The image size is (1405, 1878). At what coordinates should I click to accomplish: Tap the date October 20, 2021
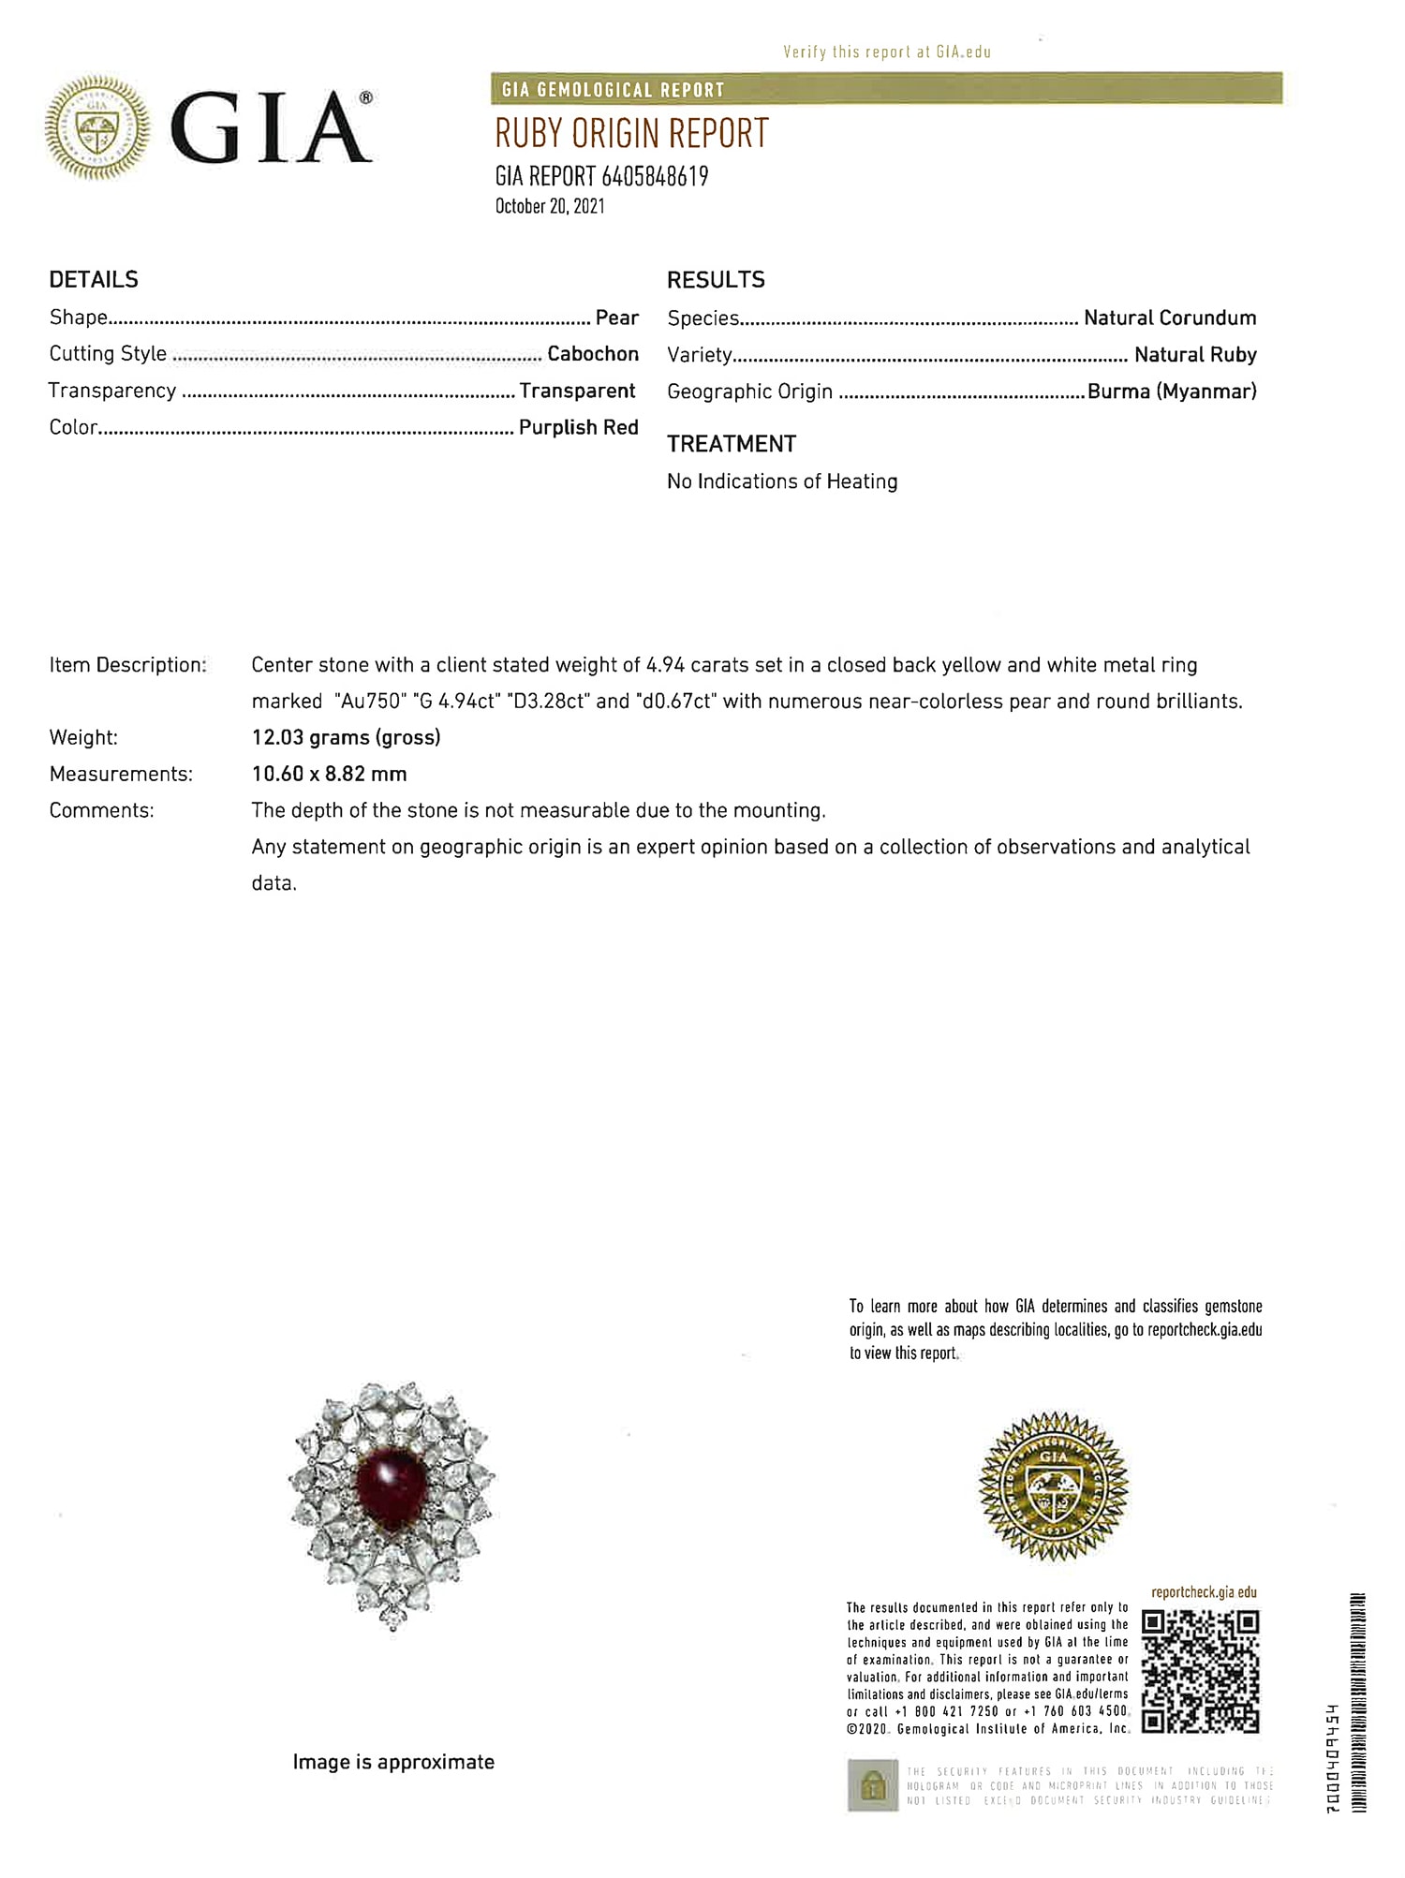[550, 207]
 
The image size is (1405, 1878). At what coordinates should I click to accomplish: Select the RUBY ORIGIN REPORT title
[631, 134]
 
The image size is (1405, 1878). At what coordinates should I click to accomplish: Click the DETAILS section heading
[94, 279]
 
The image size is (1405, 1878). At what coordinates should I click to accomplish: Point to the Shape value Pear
[617, 318]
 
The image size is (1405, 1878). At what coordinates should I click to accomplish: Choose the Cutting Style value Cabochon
[593, 354]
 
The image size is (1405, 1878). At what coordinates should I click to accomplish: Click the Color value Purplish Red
[578, 427]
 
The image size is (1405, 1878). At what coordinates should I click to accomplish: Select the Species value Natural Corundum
[1170, 318]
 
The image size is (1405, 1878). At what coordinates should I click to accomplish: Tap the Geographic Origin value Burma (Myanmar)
[1172, 392]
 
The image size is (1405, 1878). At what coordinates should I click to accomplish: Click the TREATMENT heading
[732, 444]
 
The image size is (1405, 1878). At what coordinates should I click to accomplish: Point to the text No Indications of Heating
[782, 481]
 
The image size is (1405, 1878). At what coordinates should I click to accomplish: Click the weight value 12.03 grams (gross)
[346, 737]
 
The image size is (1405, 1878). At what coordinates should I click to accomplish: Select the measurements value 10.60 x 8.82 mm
[329, 774]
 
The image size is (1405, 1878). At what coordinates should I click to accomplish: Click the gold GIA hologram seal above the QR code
[1053, 1486]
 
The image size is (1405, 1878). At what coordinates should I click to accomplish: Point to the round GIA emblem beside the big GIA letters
[97, 128]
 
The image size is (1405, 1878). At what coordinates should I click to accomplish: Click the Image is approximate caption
[393, 1762]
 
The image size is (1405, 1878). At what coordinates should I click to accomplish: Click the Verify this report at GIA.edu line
[886, 52]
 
